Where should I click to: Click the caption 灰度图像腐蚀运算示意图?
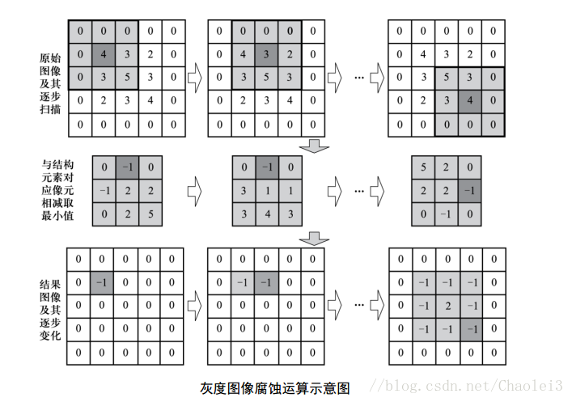[274, 387]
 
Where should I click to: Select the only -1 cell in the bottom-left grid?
[100, 282]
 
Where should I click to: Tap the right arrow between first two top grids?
[194, 78]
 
